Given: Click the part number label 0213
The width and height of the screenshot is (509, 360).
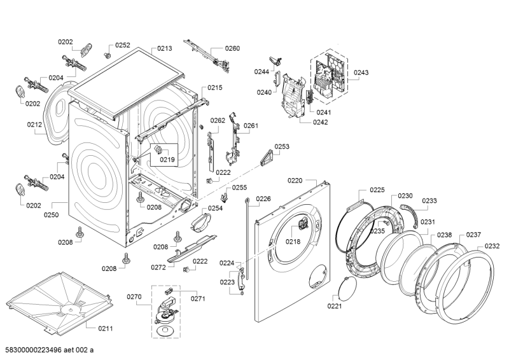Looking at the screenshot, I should [165, 48].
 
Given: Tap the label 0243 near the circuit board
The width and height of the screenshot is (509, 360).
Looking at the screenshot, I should [361, 73].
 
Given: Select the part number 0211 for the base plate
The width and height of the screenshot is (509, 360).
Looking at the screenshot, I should [106, 328].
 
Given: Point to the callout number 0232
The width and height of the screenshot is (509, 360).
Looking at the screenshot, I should [492, 246].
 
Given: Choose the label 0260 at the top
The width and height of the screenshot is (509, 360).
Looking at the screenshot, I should [232, 48].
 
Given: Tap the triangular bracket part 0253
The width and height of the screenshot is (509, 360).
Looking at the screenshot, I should [268, 155].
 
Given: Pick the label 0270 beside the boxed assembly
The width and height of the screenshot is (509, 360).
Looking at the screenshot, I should [134, 296].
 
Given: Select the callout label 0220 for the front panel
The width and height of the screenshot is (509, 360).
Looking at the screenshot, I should [295, 181].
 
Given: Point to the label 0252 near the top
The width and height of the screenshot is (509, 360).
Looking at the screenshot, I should [122, 45].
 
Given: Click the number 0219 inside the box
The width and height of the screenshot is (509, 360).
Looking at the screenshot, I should [167, 159].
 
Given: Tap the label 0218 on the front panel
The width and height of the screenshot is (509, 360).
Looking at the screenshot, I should [293, 242].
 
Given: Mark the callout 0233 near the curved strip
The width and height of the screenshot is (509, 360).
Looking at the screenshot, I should [429, 201].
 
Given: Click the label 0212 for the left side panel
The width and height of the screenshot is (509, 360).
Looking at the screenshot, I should [34, 125].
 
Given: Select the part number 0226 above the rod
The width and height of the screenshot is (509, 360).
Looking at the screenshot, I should [263, 199].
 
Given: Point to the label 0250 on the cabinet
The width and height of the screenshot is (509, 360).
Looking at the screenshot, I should [51, 215].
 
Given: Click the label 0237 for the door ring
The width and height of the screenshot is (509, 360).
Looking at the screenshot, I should [473, 235].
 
